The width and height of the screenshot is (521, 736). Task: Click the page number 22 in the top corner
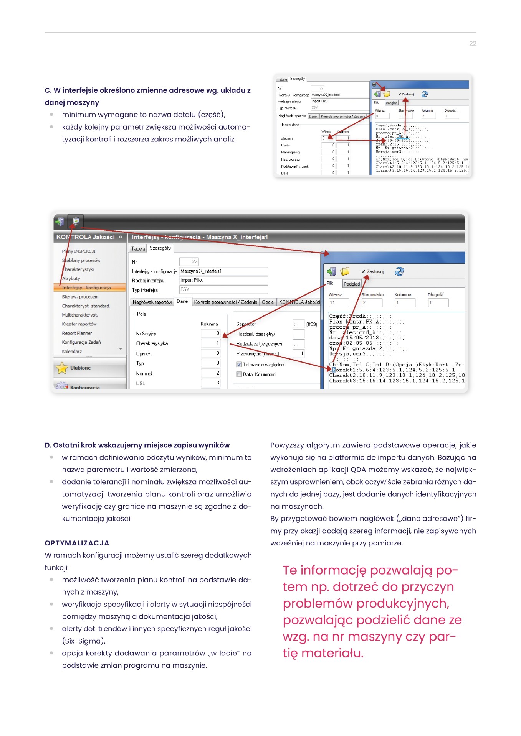coord(473,44)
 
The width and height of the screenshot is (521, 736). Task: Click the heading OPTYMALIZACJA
coord(77,543)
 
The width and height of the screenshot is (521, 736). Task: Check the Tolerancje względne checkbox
coord(239,365)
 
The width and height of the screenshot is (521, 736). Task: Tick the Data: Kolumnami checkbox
coord(239,375)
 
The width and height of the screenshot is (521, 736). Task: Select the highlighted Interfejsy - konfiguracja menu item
coord(86,287)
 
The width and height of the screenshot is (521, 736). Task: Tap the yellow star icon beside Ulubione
coord(62,368)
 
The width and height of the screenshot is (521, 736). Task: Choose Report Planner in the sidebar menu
coord(77,333)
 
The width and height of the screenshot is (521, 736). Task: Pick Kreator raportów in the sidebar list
coord(79,324)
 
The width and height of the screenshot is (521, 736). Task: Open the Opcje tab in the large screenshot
coord(268,302)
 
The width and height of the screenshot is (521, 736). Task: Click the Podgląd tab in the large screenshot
coord(352,284)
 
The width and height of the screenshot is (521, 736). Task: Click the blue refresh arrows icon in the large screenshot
coord(399,271)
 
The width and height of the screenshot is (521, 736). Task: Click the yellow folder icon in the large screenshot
coord(345,271)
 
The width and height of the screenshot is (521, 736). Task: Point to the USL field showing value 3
coord(210,383)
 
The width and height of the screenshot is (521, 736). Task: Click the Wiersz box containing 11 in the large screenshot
coord(339,303)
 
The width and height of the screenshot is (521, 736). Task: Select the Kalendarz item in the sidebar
coord(72,351)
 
